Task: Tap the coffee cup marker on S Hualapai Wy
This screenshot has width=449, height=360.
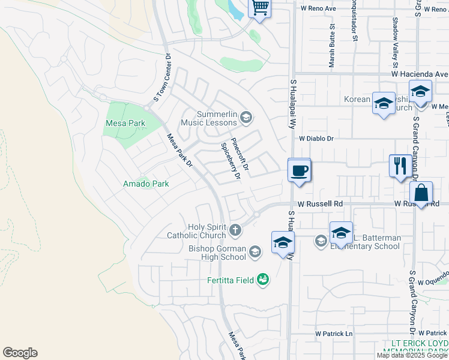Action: pos(299,170)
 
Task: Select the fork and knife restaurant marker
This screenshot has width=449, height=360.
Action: pos(400,165)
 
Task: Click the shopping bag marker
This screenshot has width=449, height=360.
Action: pos(421,193)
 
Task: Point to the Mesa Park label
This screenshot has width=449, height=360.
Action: pos(125,124)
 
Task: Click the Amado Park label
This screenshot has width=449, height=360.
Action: pos(146,184)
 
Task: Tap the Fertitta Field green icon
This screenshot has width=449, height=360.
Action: pos(262,279)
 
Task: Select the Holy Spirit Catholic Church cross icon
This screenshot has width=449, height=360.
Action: pos(236,230)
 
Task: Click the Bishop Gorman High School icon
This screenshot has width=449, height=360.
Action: pos(256,251)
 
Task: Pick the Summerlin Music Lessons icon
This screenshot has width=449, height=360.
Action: pos(245,117)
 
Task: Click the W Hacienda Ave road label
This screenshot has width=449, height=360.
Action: pos(420,74)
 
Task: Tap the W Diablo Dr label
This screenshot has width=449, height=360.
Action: pos(316,138)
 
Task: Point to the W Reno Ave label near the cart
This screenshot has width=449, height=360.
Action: pos(319,8)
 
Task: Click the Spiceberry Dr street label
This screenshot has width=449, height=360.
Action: pos(231,161)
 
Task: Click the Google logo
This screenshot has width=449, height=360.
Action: pos(20,353)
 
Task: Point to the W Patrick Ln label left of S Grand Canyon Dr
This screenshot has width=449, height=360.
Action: pos(334,334)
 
